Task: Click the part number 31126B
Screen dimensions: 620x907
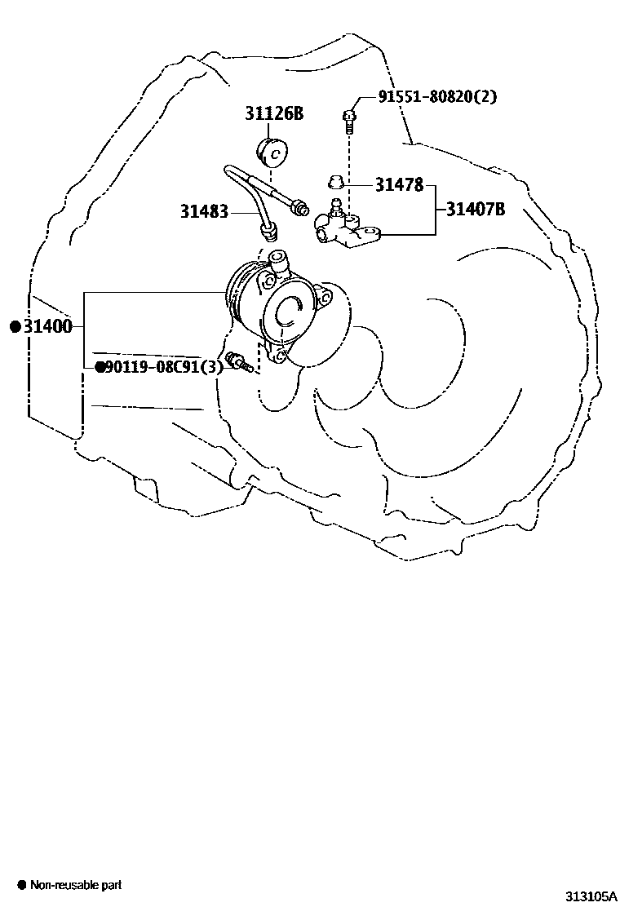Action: click(274, 113)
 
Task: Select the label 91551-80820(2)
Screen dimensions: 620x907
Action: click(436, 97)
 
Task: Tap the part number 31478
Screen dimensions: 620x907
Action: click(399, 185)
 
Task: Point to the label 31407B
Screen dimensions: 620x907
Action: click(475, 210)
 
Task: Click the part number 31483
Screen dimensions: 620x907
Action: click(204, 212)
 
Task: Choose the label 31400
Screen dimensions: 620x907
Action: click(47, 327)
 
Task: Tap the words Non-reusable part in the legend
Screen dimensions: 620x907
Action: click(76, 885)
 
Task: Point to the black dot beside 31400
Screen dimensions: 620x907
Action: click(15, 327)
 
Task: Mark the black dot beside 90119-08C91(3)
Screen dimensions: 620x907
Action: click(100, 368)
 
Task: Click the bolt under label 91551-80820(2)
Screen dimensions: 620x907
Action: click(348, 121)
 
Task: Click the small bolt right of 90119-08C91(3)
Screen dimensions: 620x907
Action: click(240, 361)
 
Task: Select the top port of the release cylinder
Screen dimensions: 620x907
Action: click(278, 261)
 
